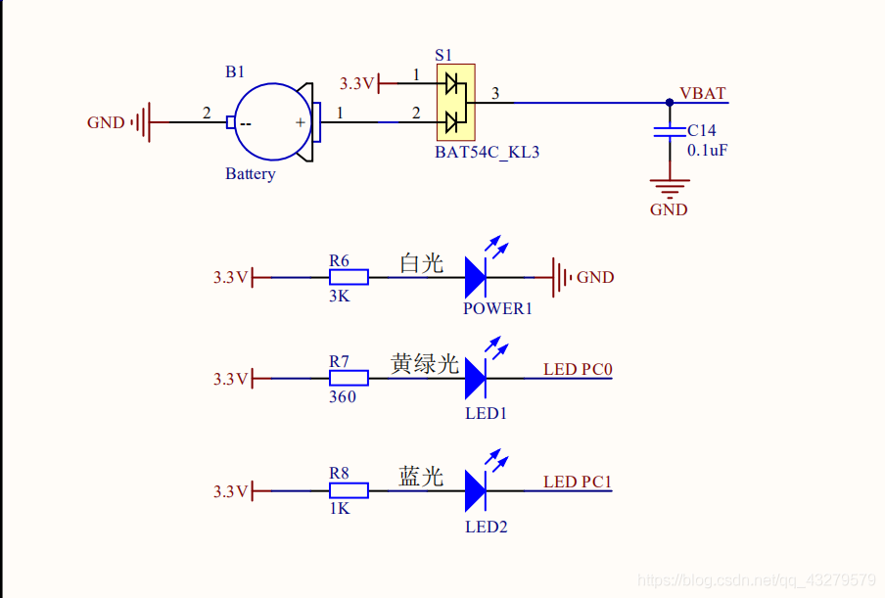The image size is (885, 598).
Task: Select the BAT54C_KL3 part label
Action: [488, 153]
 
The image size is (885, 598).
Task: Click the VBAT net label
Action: [702, 93]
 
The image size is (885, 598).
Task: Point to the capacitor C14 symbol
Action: [670, 131]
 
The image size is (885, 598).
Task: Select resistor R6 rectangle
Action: [349, 277]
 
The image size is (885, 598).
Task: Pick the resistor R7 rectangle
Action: [349, 378]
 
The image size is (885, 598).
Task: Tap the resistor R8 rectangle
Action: [349, 490]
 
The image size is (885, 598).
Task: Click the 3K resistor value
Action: [339, 296]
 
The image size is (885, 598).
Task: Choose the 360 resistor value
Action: [342, 396]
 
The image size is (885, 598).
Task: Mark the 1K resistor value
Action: [339, 509]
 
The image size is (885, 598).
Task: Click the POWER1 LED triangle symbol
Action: [476, 277]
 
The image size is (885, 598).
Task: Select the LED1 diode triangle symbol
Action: [476, 378]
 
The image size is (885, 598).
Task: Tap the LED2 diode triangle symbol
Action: [476, 490]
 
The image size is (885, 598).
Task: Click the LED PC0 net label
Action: [578, 369]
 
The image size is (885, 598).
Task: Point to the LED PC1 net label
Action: [578, 482]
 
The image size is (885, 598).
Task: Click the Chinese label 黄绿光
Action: [425, 363]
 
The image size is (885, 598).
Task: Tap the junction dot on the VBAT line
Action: [670, 102]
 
